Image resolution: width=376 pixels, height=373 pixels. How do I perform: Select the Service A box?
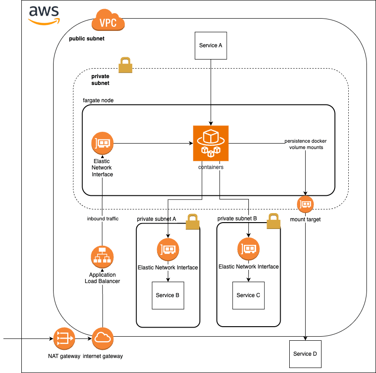tap(211, 45)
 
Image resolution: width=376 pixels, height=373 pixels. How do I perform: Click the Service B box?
tap(168, 295)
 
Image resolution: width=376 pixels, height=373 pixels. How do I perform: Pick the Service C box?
tap(248, 295)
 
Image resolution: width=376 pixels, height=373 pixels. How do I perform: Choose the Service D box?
tap(305, 354)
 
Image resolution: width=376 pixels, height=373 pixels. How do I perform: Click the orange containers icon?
tap(211, 144)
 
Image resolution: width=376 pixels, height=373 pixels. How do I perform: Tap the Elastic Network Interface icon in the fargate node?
tap(102, 144)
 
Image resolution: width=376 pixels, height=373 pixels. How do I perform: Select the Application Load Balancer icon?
tap(102, 257)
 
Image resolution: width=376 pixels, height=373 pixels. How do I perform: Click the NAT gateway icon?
tap(64, 339)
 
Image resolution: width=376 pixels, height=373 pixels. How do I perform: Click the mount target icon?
tap(306, 204)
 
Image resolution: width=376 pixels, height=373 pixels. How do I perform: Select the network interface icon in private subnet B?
tap(248, 248)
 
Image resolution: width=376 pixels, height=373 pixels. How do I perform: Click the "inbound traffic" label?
tap(103, 219)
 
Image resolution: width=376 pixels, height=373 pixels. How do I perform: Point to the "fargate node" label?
tap(98, 100)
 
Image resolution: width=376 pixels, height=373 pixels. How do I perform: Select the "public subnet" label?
tap(86, 39)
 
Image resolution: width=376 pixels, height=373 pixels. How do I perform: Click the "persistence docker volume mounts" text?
tap(306, 144)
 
